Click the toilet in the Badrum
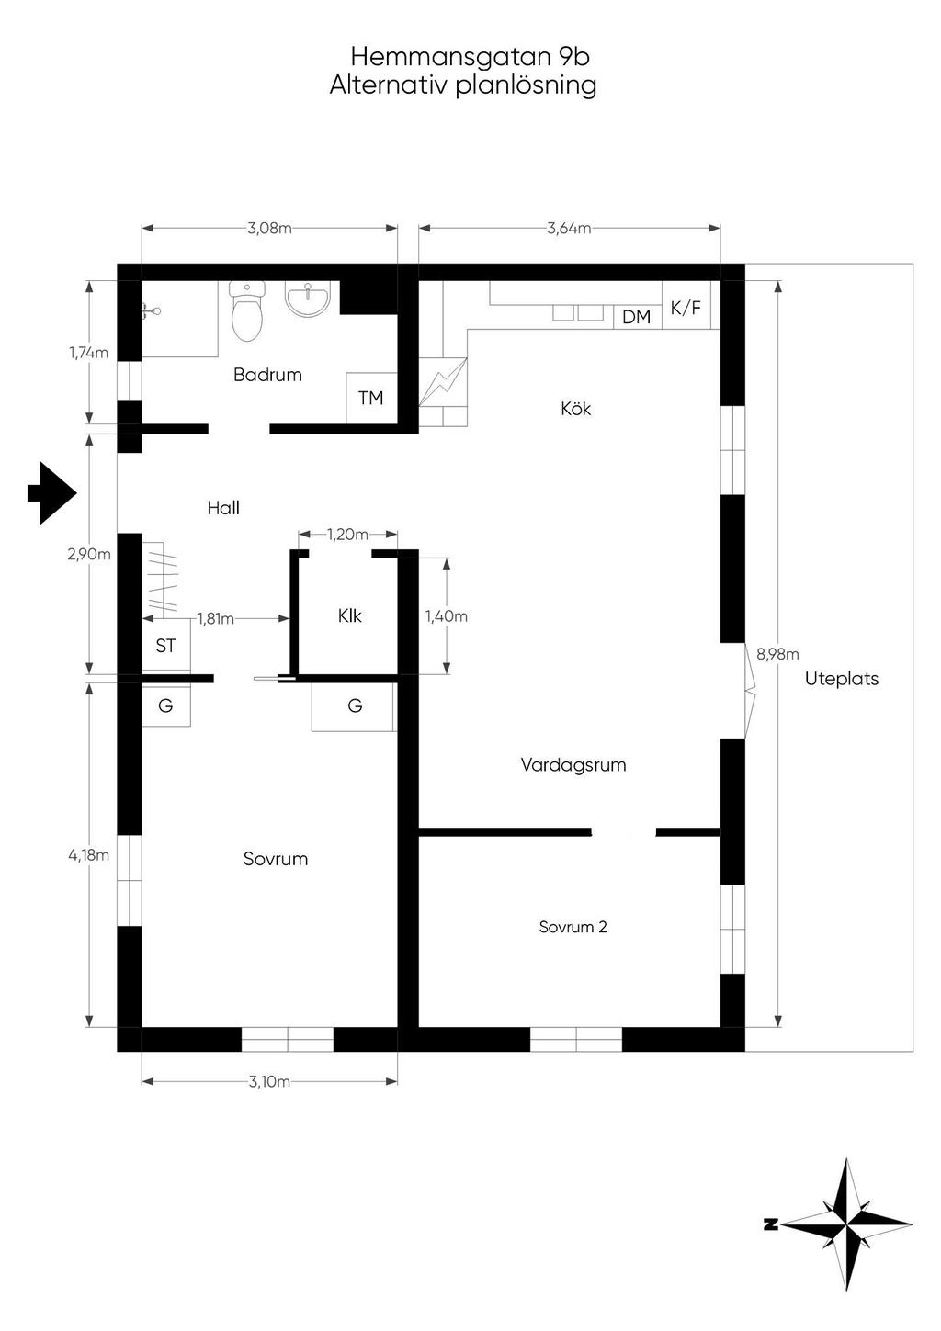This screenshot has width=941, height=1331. click(246, 310)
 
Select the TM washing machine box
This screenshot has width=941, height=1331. click(371, 398)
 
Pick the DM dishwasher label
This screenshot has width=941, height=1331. click(637, 317)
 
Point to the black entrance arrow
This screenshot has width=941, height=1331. click(52, 492)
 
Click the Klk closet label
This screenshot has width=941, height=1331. click(349, 616)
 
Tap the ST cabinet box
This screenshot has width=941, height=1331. click(165, 645)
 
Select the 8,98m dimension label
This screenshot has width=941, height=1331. click(777, 654)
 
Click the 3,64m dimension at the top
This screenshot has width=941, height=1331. click(569, 228)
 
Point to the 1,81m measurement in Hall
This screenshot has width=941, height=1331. click(216, 619)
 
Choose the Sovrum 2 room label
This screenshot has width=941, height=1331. click(573, 927)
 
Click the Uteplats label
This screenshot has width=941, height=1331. click(842, 679)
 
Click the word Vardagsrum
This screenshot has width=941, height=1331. click(573, 765)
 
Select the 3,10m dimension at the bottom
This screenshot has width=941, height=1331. click(269, 1081)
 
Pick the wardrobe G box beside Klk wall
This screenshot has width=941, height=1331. click(355, 705)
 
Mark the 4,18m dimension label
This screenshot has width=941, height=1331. click(88, 855)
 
